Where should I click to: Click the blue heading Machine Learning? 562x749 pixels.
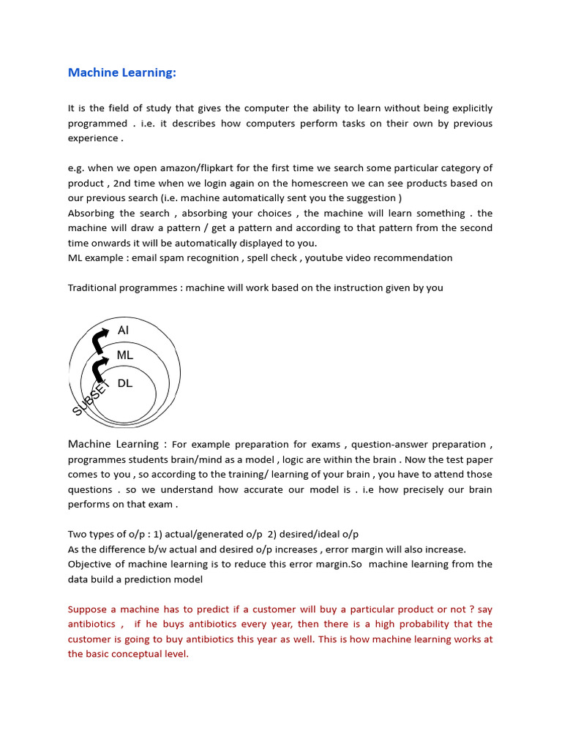pos(122,72)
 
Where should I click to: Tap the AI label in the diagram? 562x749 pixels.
pos(123,331)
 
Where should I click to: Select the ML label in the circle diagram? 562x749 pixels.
pos(125,355)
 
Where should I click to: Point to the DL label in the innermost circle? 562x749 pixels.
pos(125,383)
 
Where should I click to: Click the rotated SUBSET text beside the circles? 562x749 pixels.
pos(90,399)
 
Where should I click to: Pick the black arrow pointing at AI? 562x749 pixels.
pos(100,340)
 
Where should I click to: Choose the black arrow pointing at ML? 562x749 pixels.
pos(99,366)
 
